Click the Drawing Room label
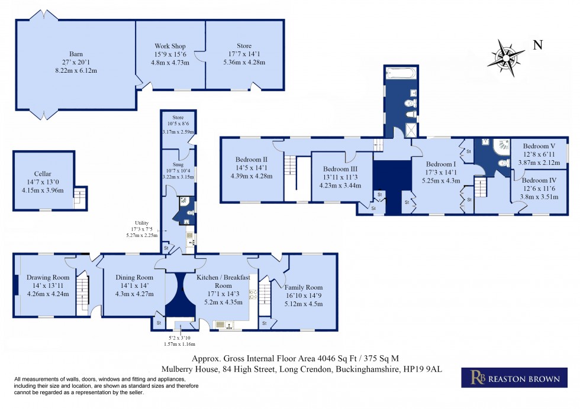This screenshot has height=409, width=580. click(x=48, y=277)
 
